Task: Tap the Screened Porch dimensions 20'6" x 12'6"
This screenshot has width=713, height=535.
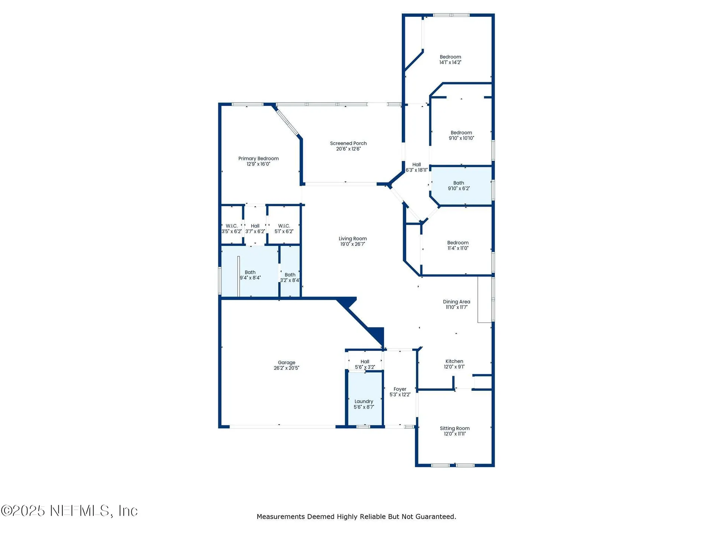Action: tap(348, 149)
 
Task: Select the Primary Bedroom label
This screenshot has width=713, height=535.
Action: tap(258, 159)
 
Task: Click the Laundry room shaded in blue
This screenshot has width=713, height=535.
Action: tap(364, 404)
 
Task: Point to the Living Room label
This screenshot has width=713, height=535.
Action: tap(352, 239)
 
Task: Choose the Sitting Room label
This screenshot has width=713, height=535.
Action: tap(455, 428)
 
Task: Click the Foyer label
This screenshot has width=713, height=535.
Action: tap(400, 389)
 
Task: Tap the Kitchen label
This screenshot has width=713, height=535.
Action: tap(454, 361)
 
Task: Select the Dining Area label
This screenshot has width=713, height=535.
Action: tap(456, 302)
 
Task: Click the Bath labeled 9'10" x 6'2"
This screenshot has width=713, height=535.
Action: tap(459, 185)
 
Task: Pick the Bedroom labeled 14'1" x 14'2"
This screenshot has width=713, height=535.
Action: tap(450, 59)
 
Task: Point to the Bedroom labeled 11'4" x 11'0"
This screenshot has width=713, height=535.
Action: tap(458, 245)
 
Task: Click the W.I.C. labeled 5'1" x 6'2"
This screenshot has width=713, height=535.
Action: tap(284, 228)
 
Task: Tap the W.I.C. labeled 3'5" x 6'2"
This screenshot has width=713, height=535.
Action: tap(231, 228)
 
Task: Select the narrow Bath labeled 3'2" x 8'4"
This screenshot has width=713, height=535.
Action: tap(290, 277)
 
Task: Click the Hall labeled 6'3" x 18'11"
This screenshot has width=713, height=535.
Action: tap(417, 167)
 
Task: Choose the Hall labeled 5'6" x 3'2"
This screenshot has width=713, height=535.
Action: tap(365, 364)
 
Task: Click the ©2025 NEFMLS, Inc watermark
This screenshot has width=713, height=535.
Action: tap(69, 511)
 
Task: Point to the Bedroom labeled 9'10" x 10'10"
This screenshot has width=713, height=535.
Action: tap(461, 135)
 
